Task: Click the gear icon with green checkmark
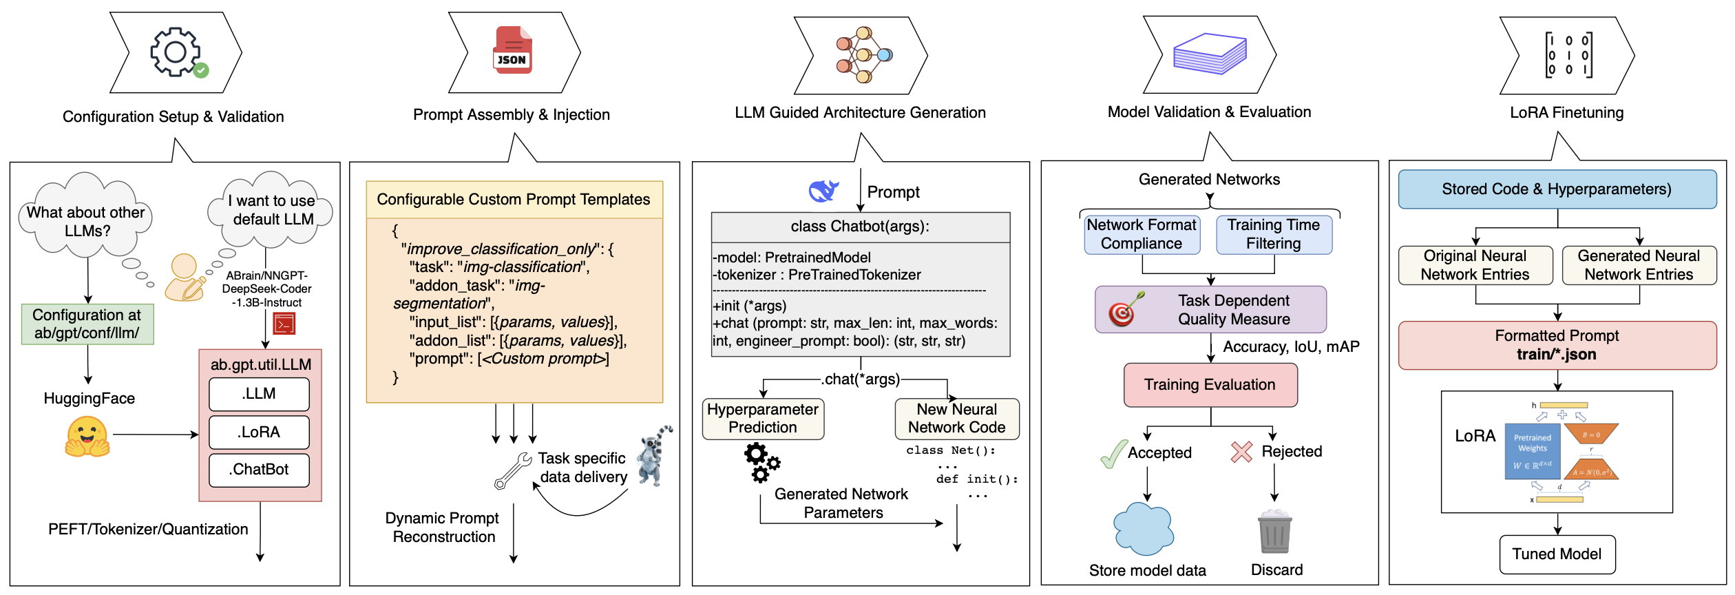tap(178, 52)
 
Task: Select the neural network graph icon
tap(863, 55)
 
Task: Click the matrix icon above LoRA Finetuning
tap(1568, 54)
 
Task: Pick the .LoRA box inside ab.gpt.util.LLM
tap(259, 432)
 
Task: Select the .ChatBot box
tap(259, 470)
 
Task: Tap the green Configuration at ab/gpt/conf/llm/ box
tap(87, 324)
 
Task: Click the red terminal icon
tap(284, 323)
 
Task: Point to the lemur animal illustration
tap(653, 456)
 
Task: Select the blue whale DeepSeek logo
tap(823, 191)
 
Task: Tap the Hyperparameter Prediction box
tap(763, 419)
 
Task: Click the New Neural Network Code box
tap(956, 419)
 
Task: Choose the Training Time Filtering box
tap(1273, 235)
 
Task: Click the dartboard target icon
tap(1124, 309)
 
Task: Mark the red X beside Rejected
tap(1241, 452)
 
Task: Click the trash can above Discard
tap(1274, 532)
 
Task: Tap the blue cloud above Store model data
tap(1144, 529)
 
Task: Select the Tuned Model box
tap(1557, 554)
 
